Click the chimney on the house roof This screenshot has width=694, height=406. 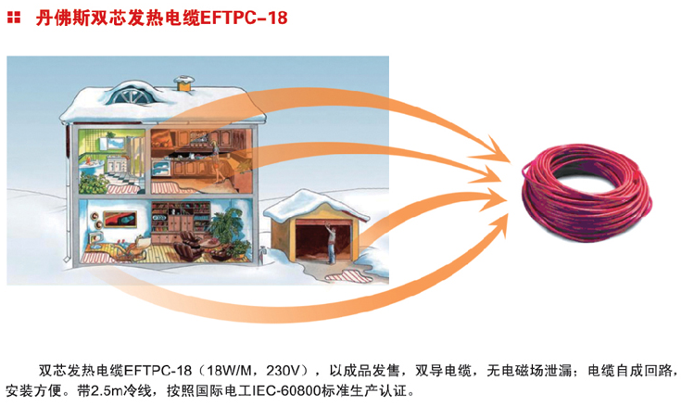[x=183, y=83]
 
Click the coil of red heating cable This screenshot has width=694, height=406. [x=587, y=194]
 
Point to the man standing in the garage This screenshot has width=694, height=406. [x=330, y=243]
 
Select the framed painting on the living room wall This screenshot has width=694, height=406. [x=120, y=219]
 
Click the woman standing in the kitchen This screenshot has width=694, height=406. [x=217, y=161]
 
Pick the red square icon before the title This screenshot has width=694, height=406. [x=14, y=18]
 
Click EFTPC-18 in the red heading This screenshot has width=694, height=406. [x=244, y=19]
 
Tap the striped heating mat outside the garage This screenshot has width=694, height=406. [x=349, y=276]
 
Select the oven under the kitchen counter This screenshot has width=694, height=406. [x=161, y=169]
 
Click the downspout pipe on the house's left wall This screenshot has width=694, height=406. [x=68, y=195]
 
